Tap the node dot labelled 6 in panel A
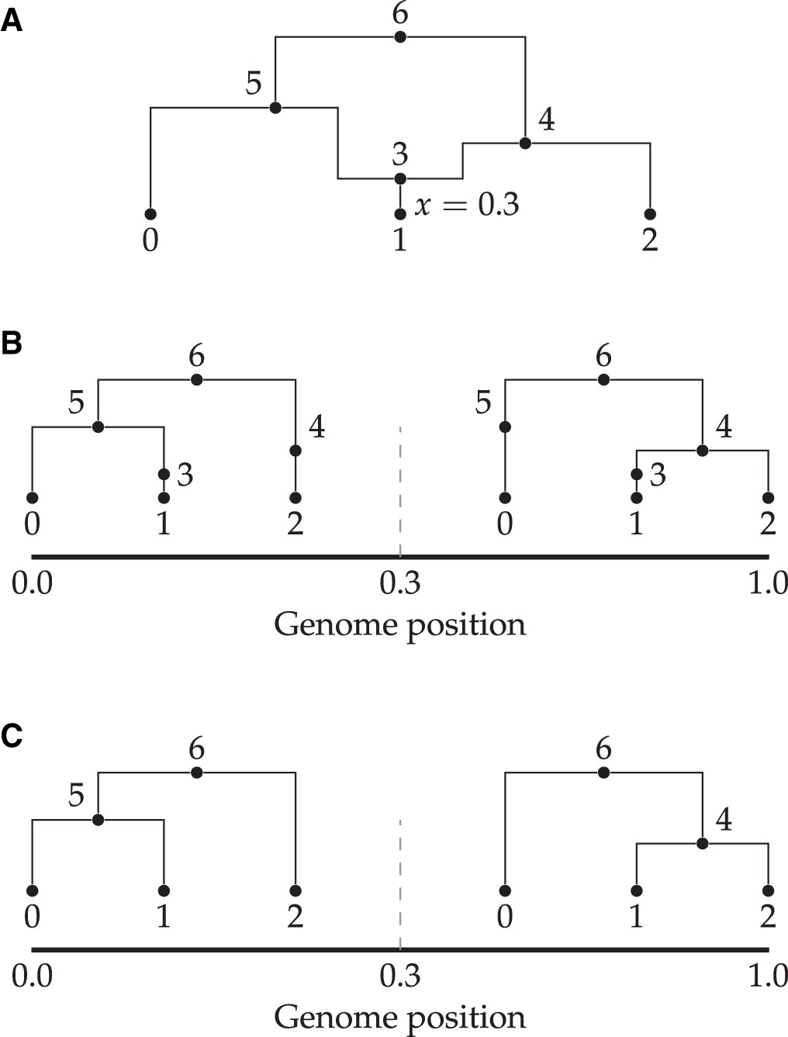pyautogui.click(x=400, y=37)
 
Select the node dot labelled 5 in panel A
pyautogui.click(x=275, y=108)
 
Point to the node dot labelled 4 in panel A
pyautogui.click(x=525, y=143)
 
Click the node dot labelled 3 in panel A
pyautogui.click(x=400, y=179)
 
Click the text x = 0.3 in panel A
pyautogui.click(x=467, y=205)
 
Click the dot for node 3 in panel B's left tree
pyautogui.click(x=164, y=474)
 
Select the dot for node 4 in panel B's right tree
pyautogui.click(x=703, y=451)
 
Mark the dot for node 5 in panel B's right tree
pyautogui.click(x=505, y=427)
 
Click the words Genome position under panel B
pyautogui.click(x=400, y=624)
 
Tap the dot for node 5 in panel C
pyautogui.click(x=98, y=820)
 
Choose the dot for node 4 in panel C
pyautogui.click(x=703, y=843)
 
